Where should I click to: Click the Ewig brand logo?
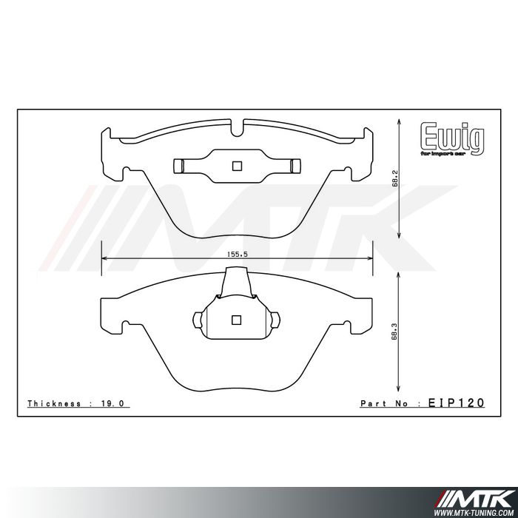(452, 137)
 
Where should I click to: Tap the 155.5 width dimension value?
(237, 253)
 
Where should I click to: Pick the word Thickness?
(55, 403)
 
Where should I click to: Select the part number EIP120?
(456, 403)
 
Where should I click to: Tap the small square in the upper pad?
(237, 166)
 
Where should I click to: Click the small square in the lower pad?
(237, 320)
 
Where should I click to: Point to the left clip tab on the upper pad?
(178, 166)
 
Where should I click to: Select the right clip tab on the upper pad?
(295, 166)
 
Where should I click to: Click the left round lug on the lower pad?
(197, 320)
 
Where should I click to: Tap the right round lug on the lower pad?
(275, 320)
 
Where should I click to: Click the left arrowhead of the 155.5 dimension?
(104, 259)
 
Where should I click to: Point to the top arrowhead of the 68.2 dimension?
(400, 121)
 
